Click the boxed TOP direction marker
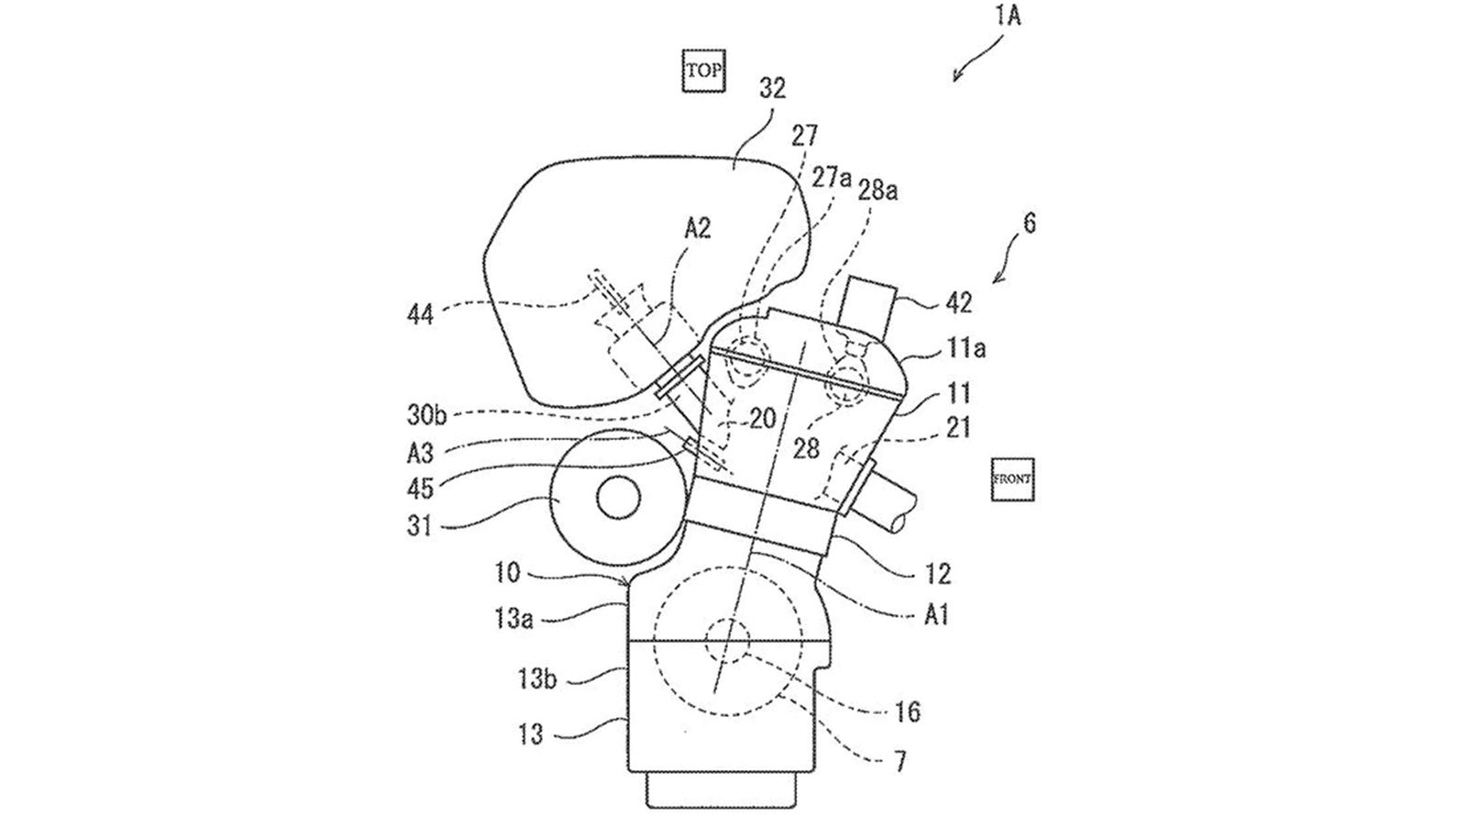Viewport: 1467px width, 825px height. (703, 70)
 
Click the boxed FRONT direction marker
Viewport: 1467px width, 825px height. (1012, 478)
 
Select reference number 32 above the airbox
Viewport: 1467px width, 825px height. (772, 89)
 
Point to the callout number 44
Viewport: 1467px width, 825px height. (421, 316)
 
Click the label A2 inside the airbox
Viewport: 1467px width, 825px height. (699, 229)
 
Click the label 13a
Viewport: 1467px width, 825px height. (513, 618)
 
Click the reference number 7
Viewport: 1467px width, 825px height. (902, 761)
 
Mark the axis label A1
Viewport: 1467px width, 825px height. (935, 614)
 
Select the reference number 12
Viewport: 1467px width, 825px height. (938, 574)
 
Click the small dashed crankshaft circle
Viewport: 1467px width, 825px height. (729, 640)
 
